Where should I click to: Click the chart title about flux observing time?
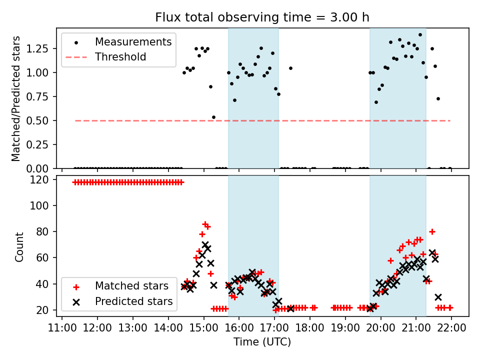(262, 17)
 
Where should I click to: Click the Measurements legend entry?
(133, 41)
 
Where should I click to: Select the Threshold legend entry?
(120, 57)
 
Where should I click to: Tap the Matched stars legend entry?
(131, 286)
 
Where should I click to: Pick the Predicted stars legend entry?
(133, 301)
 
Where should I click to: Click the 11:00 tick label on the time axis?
(62, 328)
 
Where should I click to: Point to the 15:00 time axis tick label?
(203, 328)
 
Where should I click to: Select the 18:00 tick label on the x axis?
(310, 328)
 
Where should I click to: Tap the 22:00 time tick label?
(451, 328)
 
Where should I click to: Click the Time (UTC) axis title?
(262, 342)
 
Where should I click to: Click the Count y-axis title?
(19, 246)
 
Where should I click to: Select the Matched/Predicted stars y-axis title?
(16, 98)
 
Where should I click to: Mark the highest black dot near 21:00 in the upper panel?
(420, 35)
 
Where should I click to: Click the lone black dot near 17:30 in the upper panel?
(290, 68)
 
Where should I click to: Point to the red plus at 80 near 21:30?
(432, 231)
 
